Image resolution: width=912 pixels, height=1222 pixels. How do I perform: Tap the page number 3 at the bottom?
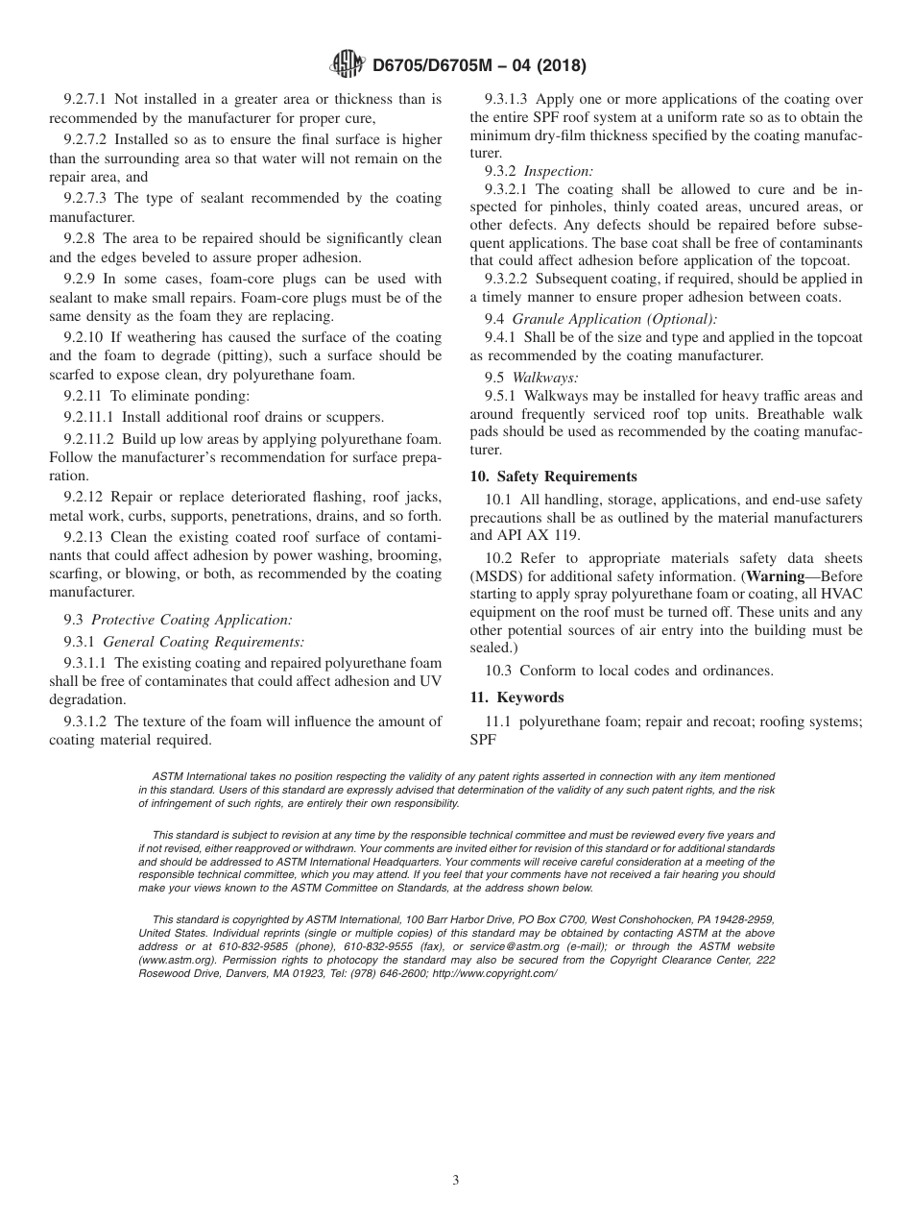(x=456, y=1181)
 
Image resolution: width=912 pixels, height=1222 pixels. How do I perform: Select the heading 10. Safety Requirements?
(x=553, y=477)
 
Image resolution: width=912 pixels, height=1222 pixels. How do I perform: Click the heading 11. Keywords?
(x=516, y=697)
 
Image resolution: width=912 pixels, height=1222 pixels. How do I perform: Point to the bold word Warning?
(x=776, y=576)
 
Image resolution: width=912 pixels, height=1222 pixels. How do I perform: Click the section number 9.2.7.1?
(x=85, y=99)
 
